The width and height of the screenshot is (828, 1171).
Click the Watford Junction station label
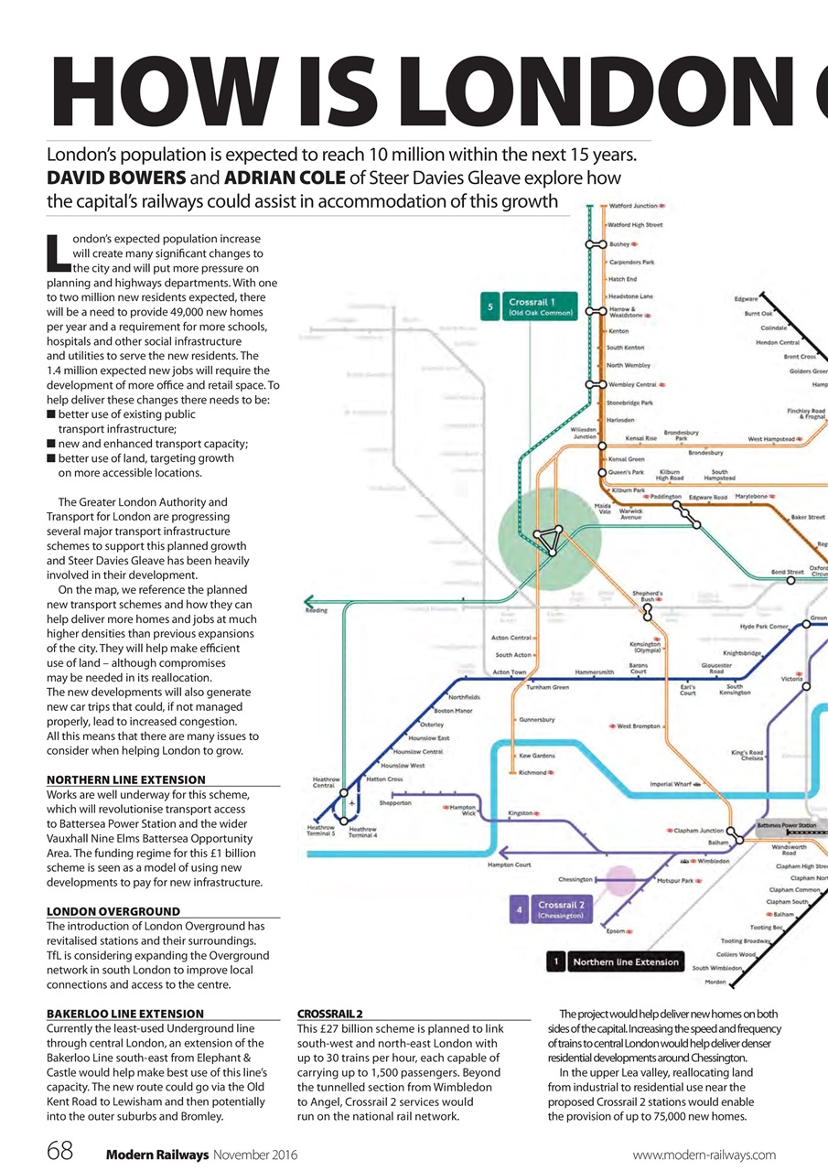632,207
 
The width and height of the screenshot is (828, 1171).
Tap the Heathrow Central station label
324,782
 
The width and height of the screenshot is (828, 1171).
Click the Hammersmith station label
595,672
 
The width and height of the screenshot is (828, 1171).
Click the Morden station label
715,982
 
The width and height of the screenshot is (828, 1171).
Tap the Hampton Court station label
509,865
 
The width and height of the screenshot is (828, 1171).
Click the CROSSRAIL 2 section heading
330,1014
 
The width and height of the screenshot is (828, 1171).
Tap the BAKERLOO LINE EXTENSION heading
125,1014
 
